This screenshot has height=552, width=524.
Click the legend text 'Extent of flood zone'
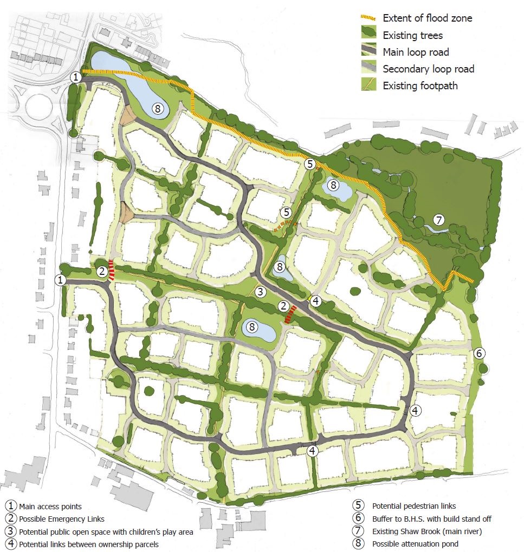[x=428, y=18]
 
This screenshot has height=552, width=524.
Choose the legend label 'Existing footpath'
[x=420, y=86]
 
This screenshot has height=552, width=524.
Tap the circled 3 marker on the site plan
[x=260, y=292]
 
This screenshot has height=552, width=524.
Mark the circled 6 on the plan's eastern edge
[x=479, y=353]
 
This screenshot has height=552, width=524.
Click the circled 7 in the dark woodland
[x=439, y=219]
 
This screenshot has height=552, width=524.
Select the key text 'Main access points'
[x=50, y=507]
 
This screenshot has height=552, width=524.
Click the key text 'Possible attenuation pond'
[x=415, y=544]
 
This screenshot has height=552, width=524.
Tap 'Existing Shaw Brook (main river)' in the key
[x=427, y=531]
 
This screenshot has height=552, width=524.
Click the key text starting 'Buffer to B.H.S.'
[x=431, y=519]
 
